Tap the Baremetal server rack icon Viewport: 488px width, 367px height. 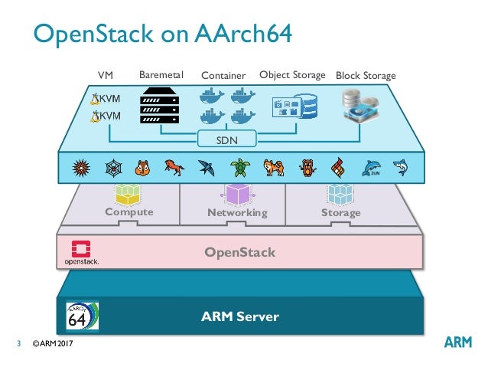pyautogui.click(x=160, y=108)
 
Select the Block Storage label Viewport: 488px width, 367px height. pyautogui.click(x=366, y=76)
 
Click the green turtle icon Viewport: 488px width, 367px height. pyautogui.click(x=239, y=167)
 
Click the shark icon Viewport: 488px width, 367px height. pyautogui.click(x=399, y=166)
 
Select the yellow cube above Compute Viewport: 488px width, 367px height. pyautogui.click(x=129, y=192)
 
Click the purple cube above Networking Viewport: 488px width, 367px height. pyautogui.click(x=236, y=194)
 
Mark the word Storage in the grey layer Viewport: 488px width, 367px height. pyautogui.click(x=340, y=212)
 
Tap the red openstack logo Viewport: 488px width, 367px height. pyautogui.click(x=82, y=251)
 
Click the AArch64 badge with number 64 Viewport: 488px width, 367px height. pyautogui.click(x=82, y=314)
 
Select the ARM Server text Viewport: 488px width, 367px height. pyautogui.click(x=239, y=316)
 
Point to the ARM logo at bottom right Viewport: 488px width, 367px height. pyautogui.click(x=459, y=342)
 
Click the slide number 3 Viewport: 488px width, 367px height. pyautogui.click(x=19, y=343)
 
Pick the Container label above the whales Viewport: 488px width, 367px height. pyautogui.click(x=223, y=76)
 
